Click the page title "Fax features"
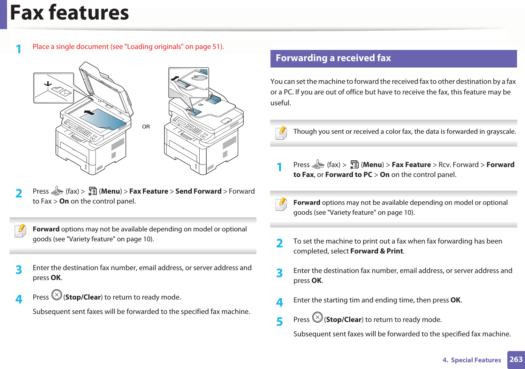69,13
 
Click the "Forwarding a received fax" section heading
333,58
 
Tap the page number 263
516,359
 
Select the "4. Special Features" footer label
472,360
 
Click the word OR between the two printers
146,127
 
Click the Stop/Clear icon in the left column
57,295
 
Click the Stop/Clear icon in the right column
317,317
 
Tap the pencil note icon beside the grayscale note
281,133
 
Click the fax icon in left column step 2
57,191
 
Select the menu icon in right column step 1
354,164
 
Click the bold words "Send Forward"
198,191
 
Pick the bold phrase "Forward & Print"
377,251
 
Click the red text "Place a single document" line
128,47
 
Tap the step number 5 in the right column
279,321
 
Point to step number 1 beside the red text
19,49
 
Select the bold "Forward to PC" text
349,175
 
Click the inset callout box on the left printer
54,88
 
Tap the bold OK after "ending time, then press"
455,300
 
